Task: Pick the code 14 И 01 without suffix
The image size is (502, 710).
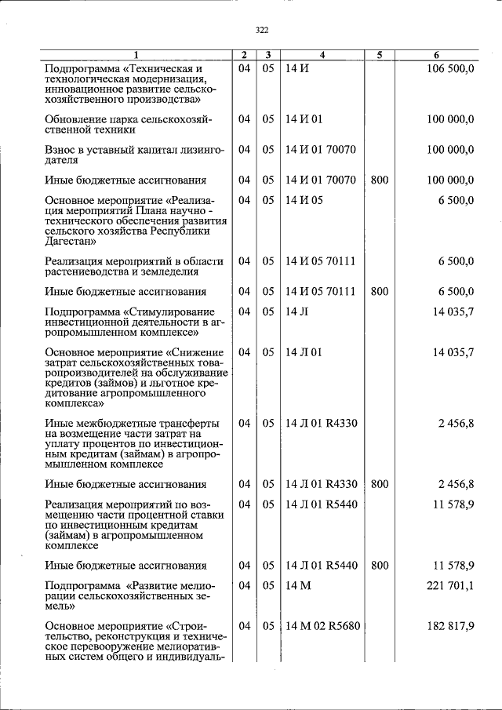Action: click(304, 119)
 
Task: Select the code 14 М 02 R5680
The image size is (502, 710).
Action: click(322, 626)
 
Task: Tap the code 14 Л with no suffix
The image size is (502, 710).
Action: click(296, 311)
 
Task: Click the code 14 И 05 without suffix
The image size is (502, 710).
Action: click(304, 201)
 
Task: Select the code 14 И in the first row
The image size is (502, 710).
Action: click(297, 68)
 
